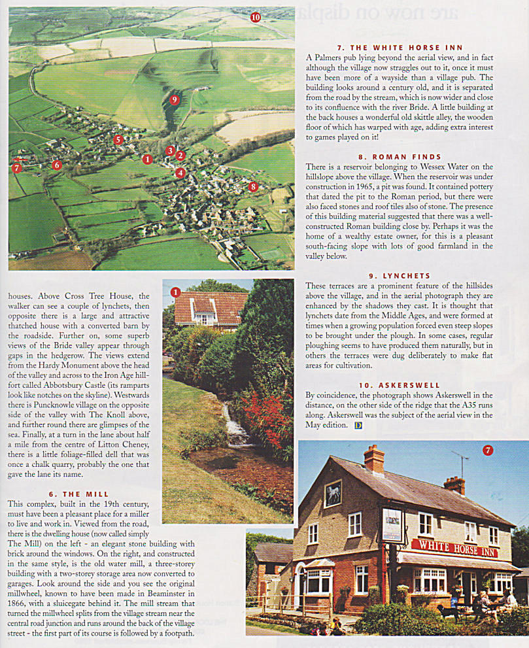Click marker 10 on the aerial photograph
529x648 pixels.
255,18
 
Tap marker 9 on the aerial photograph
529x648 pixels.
174,99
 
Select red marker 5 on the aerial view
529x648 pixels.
118,140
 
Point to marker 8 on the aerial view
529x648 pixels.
254,187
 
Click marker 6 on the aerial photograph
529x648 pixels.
57,165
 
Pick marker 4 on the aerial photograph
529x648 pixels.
180,173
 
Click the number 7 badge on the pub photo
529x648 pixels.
488,450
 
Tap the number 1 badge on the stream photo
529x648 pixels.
175,292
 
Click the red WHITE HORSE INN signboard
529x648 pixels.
454,547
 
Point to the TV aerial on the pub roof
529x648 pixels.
462,462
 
